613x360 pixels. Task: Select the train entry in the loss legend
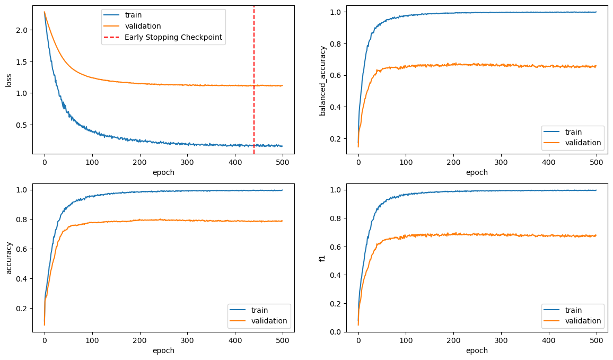[133, 15]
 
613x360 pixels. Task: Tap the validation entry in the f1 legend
[582, 321]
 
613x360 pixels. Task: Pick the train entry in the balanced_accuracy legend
[574, 131]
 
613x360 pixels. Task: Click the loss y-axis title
[8, 80]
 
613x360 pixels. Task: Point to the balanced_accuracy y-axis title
[322, 80]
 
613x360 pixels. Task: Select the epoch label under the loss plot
[163, 172]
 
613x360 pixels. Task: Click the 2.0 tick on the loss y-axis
[21, 30]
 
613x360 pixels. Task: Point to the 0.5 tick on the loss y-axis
[21, 125]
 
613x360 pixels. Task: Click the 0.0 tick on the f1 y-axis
[335, 332]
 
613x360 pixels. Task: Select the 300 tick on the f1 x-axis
[501, 340]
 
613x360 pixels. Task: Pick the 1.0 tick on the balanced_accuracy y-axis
[335, 12]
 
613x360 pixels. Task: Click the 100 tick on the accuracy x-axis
[92, 340]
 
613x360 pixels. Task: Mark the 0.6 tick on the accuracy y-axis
[21, 249]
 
